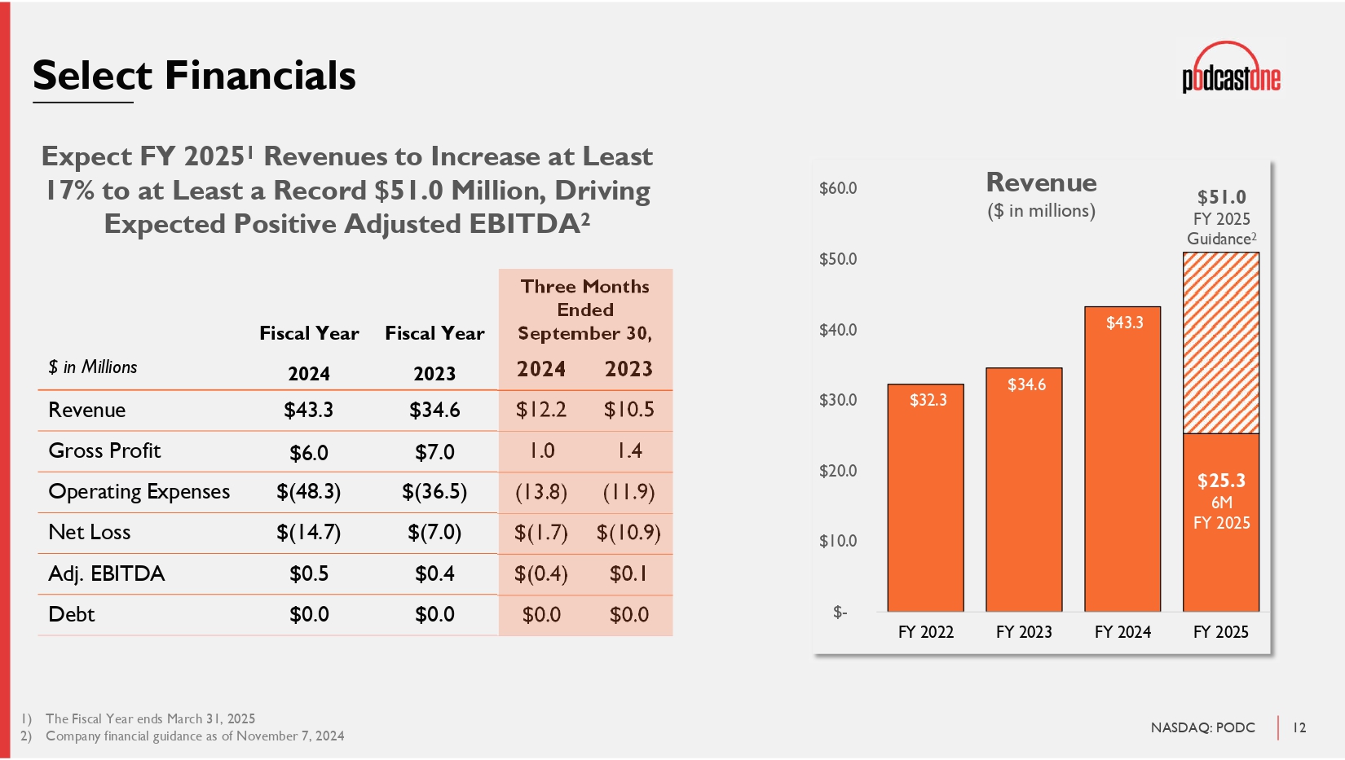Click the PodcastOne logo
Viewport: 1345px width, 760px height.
point(1231,70)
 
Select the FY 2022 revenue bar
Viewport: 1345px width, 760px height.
point(926,505)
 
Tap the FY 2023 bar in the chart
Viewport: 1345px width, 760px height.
point(1024,497)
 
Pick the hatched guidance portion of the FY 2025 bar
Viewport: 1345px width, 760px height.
point(1221,342)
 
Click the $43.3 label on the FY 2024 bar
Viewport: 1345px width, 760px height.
point(1124,323)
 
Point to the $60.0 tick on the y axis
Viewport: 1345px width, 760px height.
point(838,188)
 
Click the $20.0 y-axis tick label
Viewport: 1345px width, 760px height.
point(838,471)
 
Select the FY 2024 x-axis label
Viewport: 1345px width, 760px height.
point(1122,632)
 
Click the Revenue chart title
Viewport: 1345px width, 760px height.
point(1041,182)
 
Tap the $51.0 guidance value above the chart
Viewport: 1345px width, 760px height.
point(1221,197)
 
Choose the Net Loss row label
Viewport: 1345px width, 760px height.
point(90,532)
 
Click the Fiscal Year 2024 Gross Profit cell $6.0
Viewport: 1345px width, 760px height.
point(309,452)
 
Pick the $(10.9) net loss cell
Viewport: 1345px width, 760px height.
point(628,533)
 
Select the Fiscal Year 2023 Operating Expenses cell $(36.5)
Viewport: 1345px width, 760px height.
point(434,492)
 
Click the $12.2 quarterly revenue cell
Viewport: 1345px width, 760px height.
point(541,410)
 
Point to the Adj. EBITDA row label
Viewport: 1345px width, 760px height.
point(107,573)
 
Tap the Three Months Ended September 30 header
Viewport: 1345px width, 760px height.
point(585,310)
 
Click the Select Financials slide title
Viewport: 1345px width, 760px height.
point(194,76)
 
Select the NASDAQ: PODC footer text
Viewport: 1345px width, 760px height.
point(1202,727)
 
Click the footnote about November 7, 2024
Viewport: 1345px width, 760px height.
point(195,736)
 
